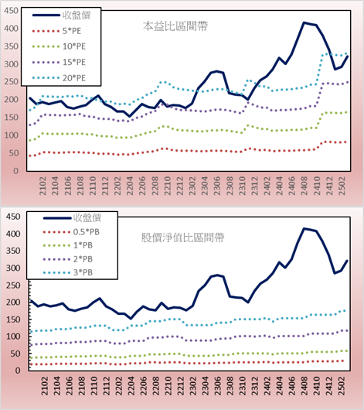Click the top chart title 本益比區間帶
[x=175, y=26]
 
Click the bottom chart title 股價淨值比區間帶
[x=182, y=237]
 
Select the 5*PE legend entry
[x=56, y=31]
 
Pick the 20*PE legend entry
[x=59, y=78]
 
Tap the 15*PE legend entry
[x=59, y=62]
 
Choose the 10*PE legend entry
[x=59, y=46]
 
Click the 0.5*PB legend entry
[x=71, y=232]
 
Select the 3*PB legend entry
[x=68, y=272]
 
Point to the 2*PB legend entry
[x=68, y=259]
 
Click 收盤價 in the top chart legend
[x=61, y=15]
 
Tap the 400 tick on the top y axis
[x=11, y=29]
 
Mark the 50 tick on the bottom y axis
[x=15, y=354]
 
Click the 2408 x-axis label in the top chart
[x=304, y=186]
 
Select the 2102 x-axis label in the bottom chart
[x=44, y=386]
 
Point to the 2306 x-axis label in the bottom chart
[x=217, y=386]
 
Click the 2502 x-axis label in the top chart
[x=342, y=186]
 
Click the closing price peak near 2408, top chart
[x=304, y=22]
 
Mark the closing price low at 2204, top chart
[x=130, y=116]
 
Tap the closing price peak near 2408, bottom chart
[x=304, y=228]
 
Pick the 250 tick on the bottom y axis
[x=13, y=285]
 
